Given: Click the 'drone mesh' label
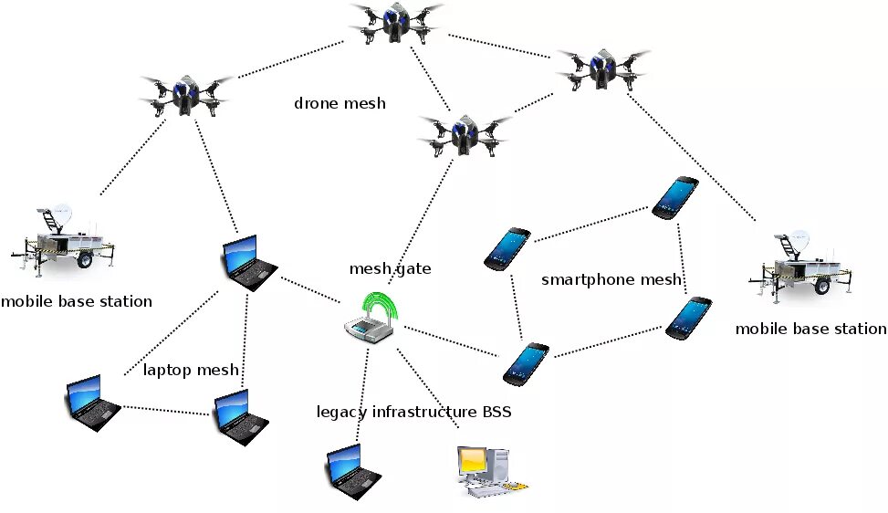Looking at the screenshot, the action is pos(340,103).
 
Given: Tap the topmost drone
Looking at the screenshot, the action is pos(395,23).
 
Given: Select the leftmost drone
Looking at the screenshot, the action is pos(186,95).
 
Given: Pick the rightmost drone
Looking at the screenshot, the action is pos(603,69).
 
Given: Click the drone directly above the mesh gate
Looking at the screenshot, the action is pos(465,135).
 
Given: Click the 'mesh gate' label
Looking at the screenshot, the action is pos(390,268).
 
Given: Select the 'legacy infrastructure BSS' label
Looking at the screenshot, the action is pos(413,412).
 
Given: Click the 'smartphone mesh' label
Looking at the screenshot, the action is pos(611,279).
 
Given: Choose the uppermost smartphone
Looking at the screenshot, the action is pos(675,197).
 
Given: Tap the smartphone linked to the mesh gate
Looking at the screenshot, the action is pos(526,364).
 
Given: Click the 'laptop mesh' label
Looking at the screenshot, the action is pos(190,371).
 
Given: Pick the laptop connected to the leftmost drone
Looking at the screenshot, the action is pos(248,263).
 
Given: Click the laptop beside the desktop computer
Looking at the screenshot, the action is pos(353,472).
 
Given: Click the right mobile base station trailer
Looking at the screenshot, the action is pos(800,267).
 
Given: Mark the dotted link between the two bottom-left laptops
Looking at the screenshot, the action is pos(165,411).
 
